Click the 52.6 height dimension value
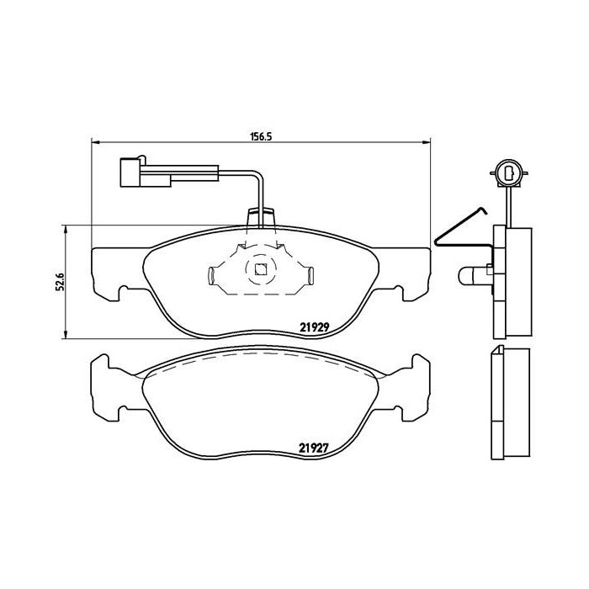(x=56, y=281)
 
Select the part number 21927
(x=313, y=449)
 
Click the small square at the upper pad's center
(x=260, y=270)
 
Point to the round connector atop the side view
(x=509, y=174)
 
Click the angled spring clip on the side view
(x=459, y=228)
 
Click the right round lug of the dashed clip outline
(x=309, y=273)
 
